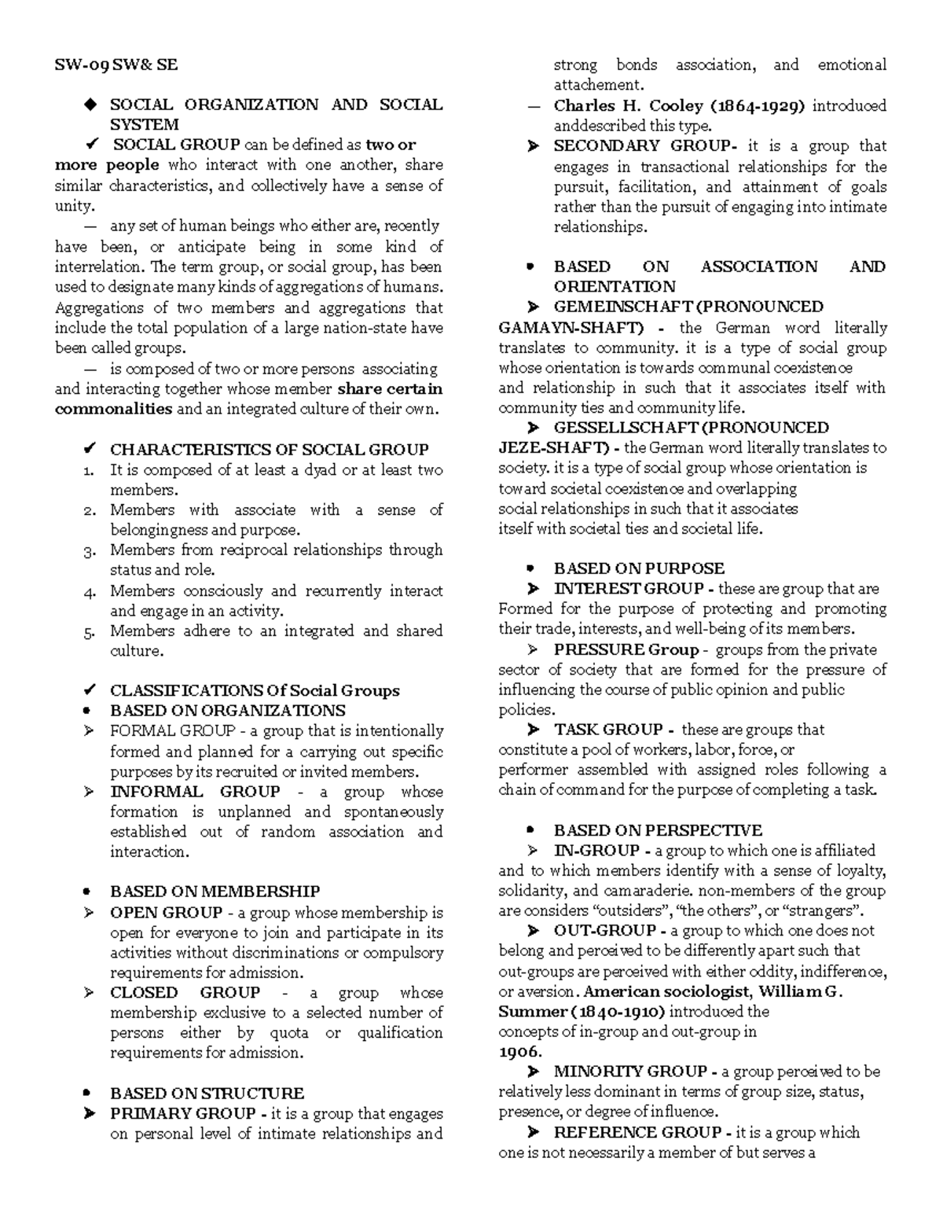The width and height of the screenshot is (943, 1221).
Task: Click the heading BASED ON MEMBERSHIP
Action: pyautogui.click(x=215, y=892)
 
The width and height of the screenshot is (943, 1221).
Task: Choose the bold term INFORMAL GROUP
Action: pyautogui.click(x=195, y=792)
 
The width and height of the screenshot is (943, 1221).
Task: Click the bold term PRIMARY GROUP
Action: pyautogui.click(x=182, y=1113)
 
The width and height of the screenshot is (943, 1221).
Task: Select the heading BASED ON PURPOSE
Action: pyautogui.click(x=639, y=568)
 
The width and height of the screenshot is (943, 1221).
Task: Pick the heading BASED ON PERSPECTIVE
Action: pyautogui.click(x=658, y=830)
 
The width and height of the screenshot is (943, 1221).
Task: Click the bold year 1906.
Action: pyautogui.click(x=519, y=1052)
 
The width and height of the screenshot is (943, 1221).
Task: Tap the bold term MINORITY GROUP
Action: pyautogui.click(x=630, y=1072)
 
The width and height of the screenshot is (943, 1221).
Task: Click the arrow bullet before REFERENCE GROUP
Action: pyautogui.click(x=534, y=1132)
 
